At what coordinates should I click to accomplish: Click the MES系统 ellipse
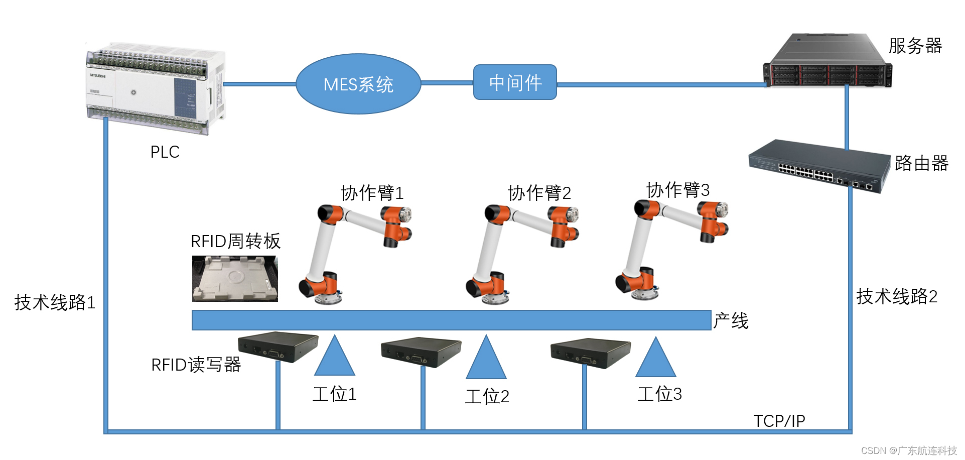coord(358,84)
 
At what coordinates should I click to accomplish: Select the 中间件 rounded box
coord(515,82)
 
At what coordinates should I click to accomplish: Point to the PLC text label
coord(165,152)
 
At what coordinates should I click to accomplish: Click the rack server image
coord(828,61)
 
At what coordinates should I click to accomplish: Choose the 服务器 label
coord(915,46)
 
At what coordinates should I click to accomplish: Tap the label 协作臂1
coord(372,192)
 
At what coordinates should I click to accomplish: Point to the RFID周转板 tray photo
coord(235,279)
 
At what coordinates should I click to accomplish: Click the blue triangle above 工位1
coord(335,358)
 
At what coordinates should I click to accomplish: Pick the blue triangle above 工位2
coord(486,360)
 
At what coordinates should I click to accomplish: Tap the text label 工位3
coord(659,394)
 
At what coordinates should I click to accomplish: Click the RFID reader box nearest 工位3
coord(590,352)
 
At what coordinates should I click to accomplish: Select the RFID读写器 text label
coord(196,365)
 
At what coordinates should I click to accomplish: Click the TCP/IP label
coord(779,421)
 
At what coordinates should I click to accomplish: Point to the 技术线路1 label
coord(55,302)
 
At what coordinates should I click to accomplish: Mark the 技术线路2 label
coord(897,296)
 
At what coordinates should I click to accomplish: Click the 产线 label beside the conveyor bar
coord(731,320)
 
